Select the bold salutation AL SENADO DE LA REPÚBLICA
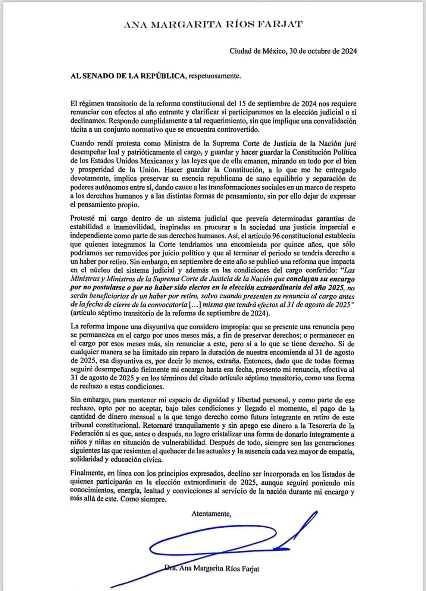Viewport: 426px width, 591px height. (128, 76)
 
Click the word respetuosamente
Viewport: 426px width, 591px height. (215, 76)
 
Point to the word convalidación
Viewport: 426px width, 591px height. (333, 122)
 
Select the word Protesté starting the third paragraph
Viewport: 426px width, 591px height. (82, 219)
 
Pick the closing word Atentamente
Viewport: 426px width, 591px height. (212, 514)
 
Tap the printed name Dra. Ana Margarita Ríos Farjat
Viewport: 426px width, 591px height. (212, 569)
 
